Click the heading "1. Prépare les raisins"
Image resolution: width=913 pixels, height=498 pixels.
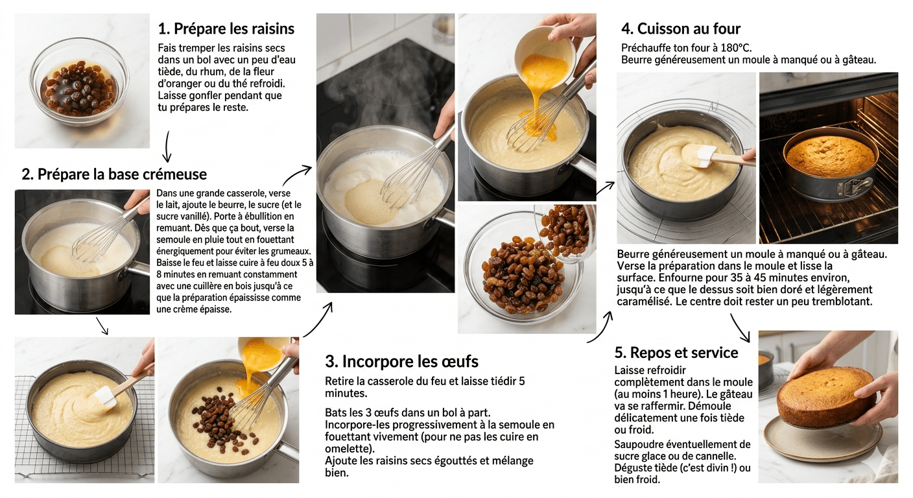click(226, 29)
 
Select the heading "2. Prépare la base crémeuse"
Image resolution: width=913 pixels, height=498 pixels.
click(114, 174)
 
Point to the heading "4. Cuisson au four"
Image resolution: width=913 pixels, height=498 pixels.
click(680, 29)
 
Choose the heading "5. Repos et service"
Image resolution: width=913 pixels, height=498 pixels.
click(676, 353)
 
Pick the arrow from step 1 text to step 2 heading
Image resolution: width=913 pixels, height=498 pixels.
click(167, 146)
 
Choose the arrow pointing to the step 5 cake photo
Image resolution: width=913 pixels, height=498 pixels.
click(741, 327)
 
